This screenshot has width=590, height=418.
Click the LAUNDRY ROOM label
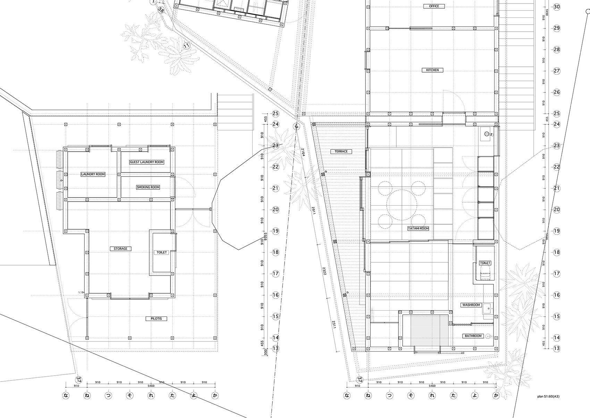coord(93,174)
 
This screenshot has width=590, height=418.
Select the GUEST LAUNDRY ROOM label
coord(146,162)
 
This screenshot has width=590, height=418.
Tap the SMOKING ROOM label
coord(148,187)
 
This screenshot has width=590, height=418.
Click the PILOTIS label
coord(156,318)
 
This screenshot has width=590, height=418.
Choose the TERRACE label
coord(341,151)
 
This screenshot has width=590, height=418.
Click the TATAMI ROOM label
coord(419,229)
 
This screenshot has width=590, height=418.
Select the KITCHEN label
coord(432,70)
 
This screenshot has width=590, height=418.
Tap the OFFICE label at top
coord(434,6)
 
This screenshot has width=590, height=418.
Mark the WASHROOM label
coord(471,305)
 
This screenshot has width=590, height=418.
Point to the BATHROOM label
coord(473,336)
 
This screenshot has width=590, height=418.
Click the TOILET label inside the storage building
coord(162,253)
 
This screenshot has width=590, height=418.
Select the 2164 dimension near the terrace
coord(303,152)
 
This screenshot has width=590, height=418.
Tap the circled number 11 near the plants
coord(187,46)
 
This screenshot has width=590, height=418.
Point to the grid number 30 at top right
coord(557,7)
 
